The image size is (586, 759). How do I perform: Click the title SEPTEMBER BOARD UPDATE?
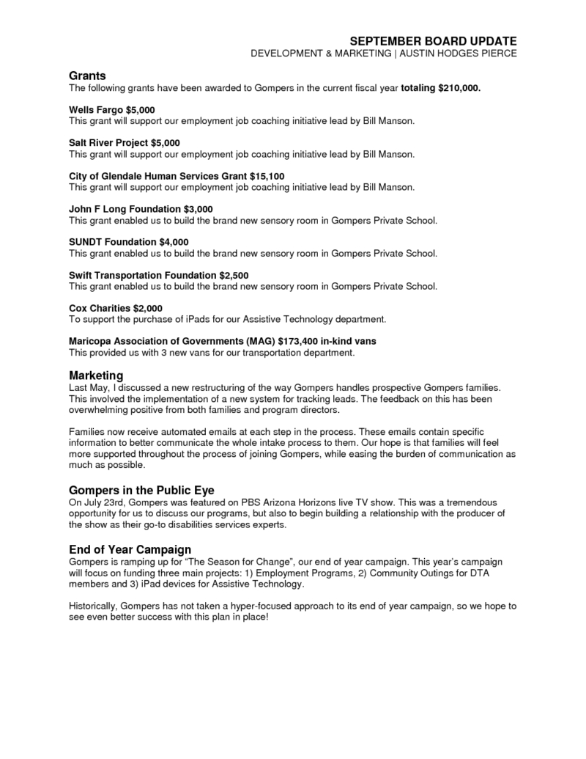click(433, 40)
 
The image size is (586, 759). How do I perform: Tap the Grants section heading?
click(87, 76)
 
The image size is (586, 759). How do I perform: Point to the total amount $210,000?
click(459, 87)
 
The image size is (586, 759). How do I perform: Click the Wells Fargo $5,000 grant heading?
click(107, 110)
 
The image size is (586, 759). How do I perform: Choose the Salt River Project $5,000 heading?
click(124, 142)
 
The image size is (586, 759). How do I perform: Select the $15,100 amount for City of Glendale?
click(267, 176)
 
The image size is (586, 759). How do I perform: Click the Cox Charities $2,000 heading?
click(115, 308)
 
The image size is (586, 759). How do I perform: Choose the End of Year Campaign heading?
click(130, 549)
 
